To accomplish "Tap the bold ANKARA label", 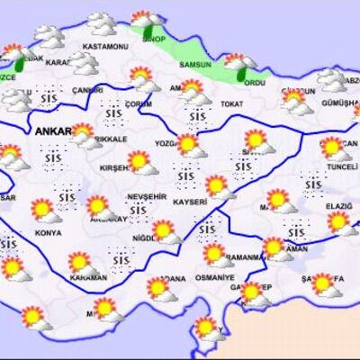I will click(x=56, y=131).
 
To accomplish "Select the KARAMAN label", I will click(x=88, y=278).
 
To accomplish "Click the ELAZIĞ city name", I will click(x=337, y=205).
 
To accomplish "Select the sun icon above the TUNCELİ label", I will click(x=333, y=147).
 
